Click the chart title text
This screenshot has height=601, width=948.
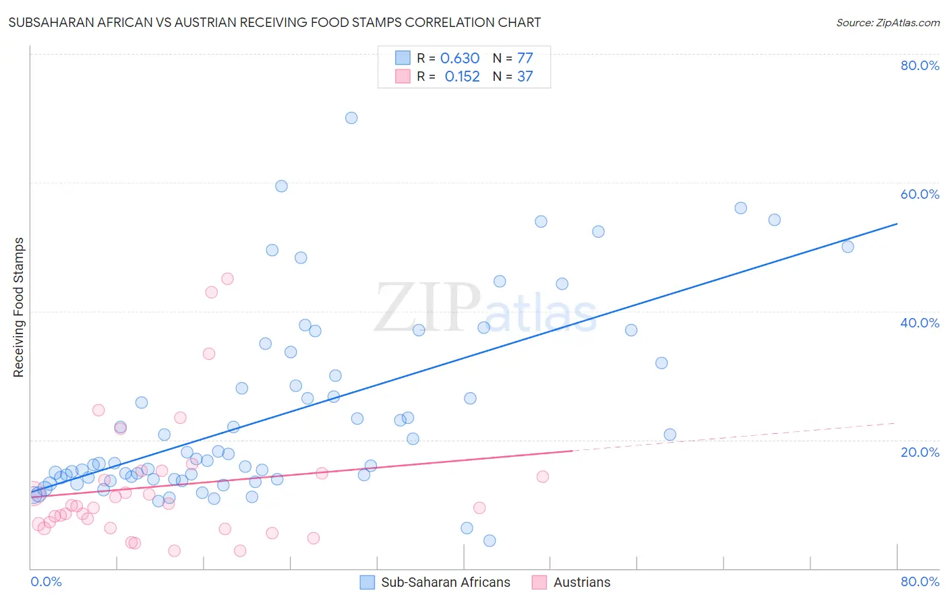coord(274,22)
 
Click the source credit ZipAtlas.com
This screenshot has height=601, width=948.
coord(887,22)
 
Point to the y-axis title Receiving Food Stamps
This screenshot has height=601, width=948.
coord(18,307)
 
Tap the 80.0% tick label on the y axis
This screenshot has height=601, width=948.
coord(920,65)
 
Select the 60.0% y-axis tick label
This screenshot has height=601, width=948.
coord(920,194)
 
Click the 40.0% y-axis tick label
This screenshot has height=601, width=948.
coord(920,323)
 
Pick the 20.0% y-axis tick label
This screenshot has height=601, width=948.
coord(920,452)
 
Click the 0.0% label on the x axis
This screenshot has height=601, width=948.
coord(46,581)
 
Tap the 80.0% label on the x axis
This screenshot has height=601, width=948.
coord(920,581)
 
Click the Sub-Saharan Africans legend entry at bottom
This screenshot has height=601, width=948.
coord(445,582)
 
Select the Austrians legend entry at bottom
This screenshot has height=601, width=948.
coord(581,582)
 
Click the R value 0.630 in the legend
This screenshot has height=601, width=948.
coord(460,59)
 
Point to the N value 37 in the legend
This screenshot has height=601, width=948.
coord(525,77)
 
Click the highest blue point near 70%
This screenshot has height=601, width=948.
coord(351,118)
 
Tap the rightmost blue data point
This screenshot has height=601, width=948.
coord(848,247)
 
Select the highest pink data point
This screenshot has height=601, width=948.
coord(227,279)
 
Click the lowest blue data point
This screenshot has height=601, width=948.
coord(490,540)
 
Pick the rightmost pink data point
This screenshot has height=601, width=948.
coord(543,476)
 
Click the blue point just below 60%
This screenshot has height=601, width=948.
coord(281,186)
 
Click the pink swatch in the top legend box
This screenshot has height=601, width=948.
coord(403,76)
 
